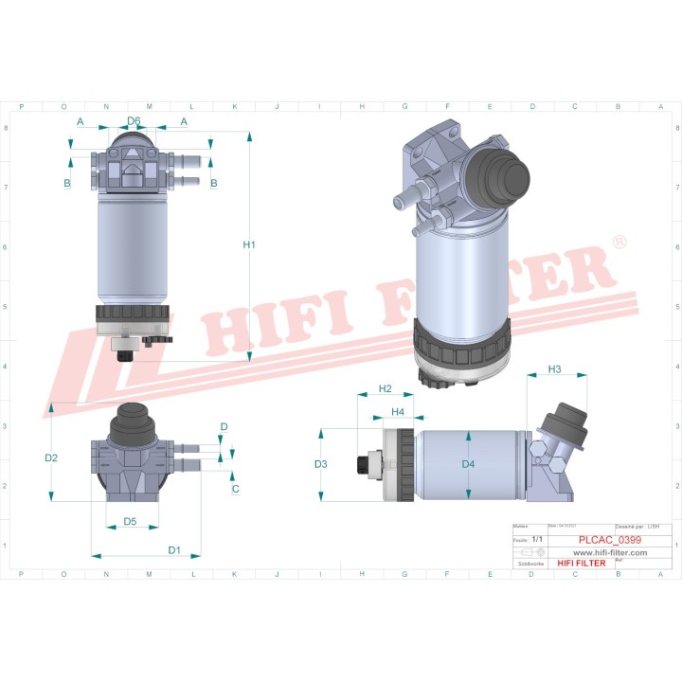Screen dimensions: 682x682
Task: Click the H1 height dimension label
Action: point(249,245)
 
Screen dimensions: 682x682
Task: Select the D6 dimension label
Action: point(134,121)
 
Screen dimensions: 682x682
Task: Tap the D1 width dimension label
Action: point(174,549)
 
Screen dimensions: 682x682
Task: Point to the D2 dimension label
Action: point(51,458)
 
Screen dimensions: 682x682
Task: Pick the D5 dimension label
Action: point(130,521)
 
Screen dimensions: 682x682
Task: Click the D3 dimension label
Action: point(321,464)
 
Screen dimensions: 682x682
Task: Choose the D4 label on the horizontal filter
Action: point(468,464)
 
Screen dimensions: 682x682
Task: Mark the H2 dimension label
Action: point(386,389)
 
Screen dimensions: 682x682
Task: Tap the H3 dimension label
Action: point(555,368)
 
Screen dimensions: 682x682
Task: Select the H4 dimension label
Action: point(398,412)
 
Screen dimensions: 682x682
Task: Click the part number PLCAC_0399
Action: point(609,540)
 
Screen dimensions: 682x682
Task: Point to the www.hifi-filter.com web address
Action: point(610,552)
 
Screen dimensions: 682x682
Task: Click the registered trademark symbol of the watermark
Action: point(619,243)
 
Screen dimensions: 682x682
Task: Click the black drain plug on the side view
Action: point(362,464)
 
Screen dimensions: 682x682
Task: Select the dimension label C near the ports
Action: point(235,489)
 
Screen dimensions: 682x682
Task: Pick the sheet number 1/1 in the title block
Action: point(537,539)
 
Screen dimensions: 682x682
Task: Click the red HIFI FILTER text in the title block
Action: point(580,564)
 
